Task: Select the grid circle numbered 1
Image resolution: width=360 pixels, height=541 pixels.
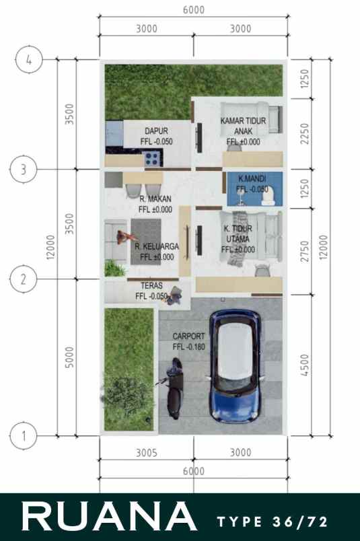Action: coord(24,435)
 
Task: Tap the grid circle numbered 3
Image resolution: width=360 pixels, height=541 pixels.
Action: coord(24,169)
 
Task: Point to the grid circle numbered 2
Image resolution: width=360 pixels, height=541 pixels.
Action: coord(24,279)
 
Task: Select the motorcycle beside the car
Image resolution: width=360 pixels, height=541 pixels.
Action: coord(174,389)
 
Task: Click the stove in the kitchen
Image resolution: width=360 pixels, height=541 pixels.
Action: coord(153,159)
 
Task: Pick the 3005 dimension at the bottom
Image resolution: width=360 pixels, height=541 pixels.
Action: coord(146,453)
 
